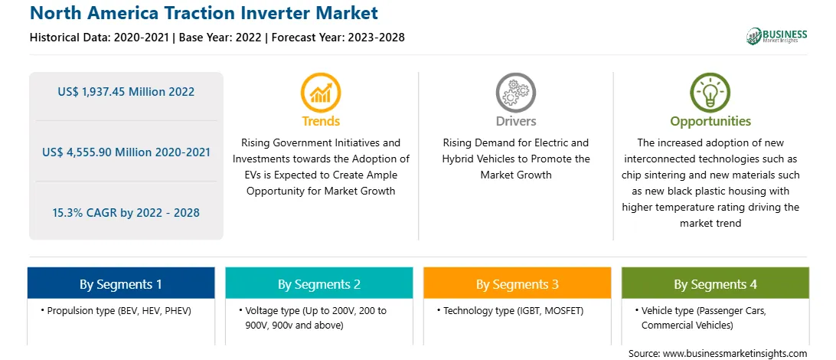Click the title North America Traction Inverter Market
click(x=204, y=13)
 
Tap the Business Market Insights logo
click(x=777, y=36)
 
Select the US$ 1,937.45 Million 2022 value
click(x=126, y=92)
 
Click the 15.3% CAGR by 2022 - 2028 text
click(x=126, y=213)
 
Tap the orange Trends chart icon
click(x=321, y=92)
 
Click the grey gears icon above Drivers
click(x=515, y=92)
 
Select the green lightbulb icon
click(x=710, y=92)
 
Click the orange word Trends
click(x=321, y=121)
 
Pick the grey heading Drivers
click(x=516, y=121)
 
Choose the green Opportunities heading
click(x=710, y=122)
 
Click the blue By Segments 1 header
click(x=121, y=283)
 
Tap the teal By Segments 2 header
click(x=318, y=283)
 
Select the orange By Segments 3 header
click(x=518, y=283)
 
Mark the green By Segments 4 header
click(x=716, y=283)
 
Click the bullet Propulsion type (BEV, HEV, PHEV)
click(x=116, y=310)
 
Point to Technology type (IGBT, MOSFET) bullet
click(x=510, y=310)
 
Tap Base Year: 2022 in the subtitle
click(x=220, y=38)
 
